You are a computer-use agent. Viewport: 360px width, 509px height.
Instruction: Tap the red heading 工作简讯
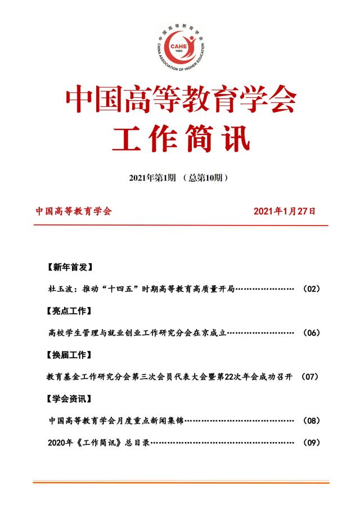pos(181,138)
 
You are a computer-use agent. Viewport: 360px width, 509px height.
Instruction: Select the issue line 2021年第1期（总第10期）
pos(179,178)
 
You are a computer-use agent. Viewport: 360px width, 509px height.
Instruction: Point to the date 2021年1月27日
pos(285,211)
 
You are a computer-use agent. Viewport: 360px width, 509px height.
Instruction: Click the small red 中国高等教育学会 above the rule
pos(74,211)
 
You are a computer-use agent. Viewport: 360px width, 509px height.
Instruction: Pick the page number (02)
pos(311,289)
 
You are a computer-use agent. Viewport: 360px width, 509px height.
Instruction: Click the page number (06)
pos(311,333)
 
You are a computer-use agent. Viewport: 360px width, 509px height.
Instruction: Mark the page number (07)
pos(311,377)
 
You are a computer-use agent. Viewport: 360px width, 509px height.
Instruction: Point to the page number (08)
pos(311,421)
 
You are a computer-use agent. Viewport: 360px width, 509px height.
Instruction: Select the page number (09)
pos(311,443)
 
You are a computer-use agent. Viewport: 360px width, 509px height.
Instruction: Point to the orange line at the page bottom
pos(181,482)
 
